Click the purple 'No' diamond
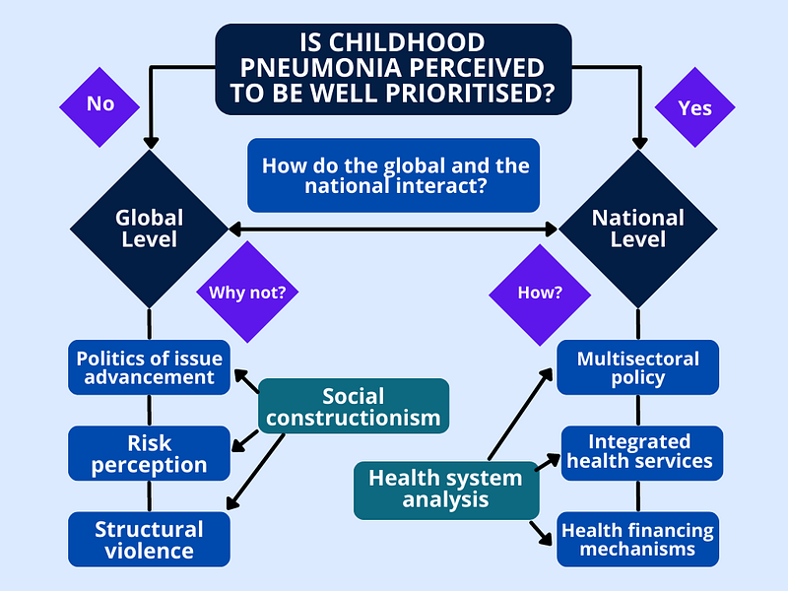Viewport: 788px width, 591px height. (99, 107)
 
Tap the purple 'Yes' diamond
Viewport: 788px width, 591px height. (695, 107)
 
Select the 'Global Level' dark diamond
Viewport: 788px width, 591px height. (150, 230)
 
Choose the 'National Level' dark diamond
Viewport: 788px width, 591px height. (638, 230)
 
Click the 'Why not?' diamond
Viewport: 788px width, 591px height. (247, 292)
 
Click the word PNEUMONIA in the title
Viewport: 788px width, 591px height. (324, 68)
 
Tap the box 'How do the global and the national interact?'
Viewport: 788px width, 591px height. (393, 175)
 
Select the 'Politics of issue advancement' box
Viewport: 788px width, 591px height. (150, 367)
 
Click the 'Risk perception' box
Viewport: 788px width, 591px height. (150, 453)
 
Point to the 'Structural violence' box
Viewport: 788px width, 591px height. (150, 539)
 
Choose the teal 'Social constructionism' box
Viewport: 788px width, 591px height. (354, 406)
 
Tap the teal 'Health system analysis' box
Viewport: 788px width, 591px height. (446, 491)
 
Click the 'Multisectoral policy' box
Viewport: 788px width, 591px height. (637, 367)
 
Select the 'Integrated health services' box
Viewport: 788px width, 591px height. (642, 453)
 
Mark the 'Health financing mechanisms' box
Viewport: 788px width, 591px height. (637, 539)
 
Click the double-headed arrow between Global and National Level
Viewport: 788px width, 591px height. (393, 230)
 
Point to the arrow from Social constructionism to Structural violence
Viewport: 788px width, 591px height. (255, 472)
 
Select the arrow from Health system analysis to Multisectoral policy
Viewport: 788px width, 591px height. (521, 414)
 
